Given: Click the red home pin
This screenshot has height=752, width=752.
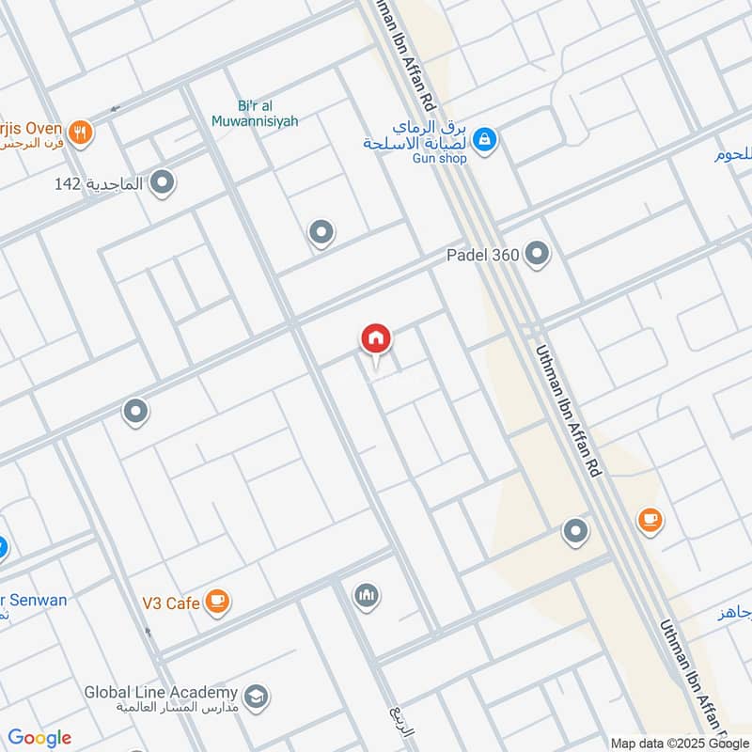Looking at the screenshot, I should pos(376,339).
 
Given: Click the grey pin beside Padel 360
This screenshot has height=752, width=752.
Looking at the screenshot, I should pos(537,254).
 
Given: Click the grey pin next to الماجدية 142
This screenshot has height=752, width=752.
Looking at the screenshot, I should pos(164,182).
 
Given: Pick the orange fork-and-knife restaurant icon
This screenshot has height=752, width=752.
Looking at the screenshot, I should pos(82,132).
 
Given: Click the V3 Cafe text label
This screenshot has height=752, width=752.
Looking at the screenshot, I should pos(170,603).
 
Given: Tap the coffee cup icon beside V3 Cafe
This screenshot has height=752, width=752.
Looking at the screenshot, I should pos(217,600).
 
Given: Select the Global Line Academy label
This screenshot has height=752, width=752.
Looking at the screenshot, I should pos(162,692).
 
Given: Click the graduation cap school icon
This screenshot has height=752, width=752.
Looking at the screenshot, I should pos(256,697).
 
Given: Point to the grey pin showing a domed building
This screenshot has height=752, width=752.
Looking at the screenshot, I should pos(366,595).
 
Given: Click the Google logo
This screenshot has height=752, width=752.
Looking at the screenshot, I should pos(39,738).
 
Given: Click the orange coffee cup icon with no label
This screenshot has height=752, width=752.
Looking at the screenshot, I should pos(650,518).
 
